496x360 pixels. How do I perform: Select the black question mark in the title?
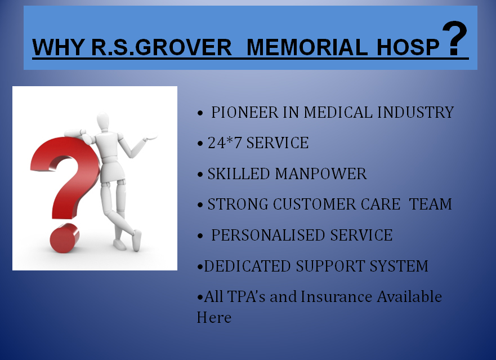click(454, 38)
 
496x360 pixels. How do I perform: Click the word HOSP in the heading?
click(408, 47)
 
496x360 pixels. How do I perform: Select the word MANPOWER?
click(321, 174)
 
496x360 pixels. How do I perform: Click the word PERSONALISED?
click(269, 235)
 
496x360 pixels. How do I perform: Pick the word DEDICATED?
click(247, 266)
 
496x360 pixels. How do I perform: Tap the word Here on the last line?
click(214, 317)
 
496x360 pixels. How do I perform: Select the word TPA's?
click(246, 297)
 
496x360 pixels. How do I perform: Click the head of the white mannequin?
click(103, 121)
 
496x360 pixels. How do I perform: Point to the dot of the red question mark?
click(65, 238)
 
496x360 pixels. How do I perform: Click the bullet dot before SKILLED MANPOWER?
click(200, 175)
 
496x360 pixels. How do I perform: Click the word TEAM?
click(430, 204)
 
